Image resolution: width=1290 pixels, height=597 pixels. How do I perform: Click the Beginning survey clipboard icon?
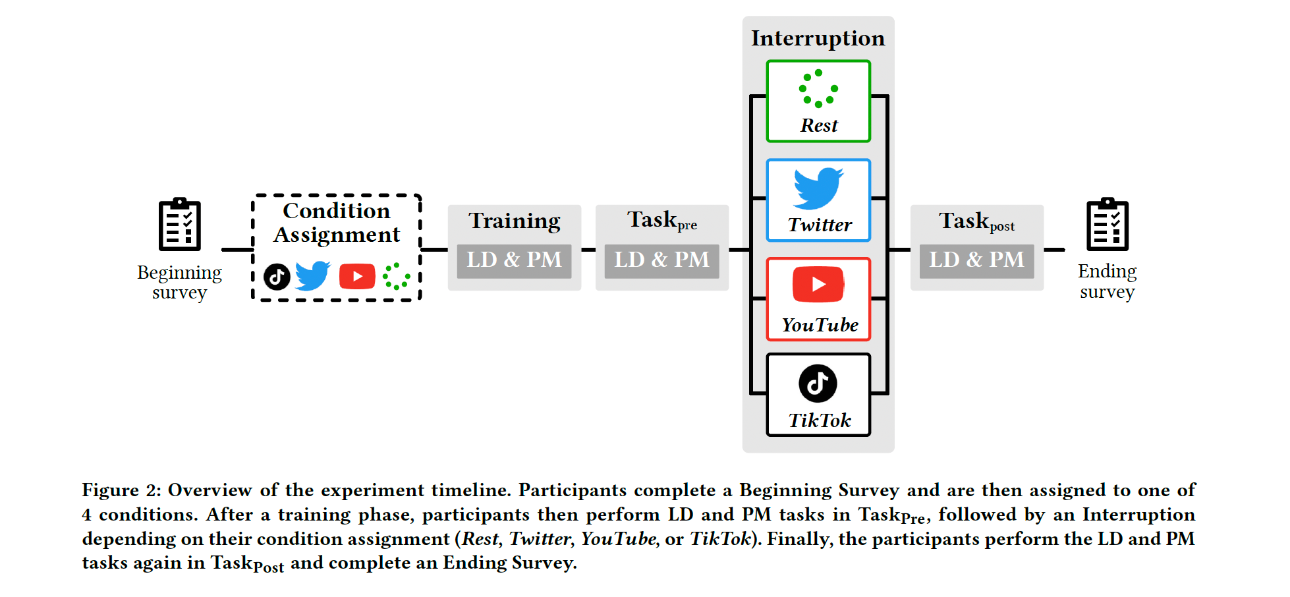point(179,225)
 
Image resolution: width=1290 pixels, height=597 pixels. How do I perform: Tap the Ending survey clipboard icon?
point(1107,225)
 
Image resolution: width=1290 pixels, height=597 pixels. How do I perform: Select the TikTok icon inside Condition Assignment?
point(277,277)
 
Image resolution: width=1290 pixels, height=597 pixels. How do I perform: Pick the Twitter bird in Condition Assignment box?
point(312,275)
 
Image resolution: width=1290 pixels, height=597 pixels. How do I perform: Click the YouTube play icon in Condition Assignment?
point(357,277)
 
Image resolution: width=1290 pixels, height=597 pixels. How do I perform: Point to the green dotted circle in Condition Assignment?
point(396,277)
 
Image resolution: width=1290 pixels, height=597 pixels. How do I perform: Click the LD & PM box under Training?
point(514,260)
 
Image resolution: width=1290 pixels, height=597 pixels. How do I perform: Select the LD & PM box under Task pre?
point(661,260)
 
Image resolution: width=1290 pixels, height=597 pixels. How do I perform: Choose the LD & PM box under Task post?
point(976,260)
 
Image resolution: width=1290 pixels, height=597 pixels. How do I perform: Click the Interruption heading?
point(818,38)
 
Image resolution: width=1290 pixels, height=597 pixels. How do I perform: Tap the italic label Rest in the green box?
point(819,125)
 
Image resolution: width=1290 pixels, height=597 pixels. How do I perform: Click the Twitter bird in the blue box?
point(818,188)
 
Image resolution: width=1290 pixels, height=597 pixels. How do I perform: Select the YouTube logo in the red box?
point(818,285)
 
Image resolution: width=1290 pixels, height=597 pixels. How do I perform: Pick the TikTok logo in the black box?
point(818,383)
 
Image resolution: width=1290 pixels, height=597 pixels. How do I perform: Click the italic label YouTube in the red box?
point(820,325)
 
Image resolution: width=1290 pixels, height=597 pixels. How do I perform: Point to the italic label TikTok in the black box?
point(820,420)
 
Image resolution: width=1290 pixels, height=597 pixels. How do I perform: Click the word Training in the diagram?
point(514,221)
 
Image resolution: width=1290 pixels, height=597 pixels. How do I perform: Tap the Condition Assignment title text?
point(337,223)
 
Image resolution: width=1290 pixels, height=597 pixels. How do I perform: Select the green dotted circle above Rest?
point(818,88)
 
